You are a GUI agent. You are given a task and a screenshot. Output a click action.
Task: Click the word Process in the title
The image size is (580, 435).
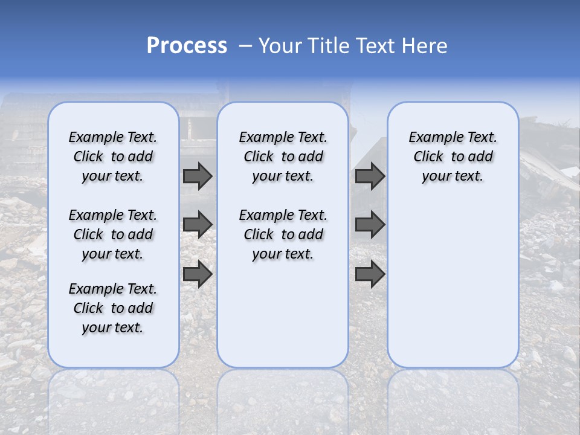click(187, 46)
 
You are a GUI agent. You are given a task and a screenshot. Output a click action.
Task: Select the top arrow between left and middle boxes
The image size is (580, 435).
click(198, 176)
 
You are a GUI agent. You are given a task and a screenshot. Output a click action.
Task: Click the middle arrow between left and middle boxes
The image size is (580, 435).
click(198, 225)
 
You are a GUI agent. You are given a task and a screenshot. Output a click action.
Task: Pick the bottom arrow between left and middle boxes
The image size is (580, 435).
click(198, 274)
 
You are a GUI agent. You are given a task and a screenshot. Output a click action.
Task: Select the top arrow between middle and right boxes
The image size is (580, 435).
click(370, 176)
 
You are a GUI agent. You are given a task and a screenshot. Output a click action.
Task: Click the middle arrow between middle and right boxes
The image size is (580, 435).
click(370, 225)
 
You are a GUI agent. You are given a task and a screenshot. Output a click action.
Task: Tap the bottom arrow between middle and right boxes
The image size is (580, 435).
click(370, 274)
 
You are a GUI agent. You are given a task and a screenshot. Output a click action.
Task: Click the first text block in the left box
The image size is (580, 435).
click(113, 156)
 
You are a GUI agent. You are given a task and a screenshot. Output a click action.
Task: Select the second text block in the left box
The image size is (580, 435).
click(113, 234)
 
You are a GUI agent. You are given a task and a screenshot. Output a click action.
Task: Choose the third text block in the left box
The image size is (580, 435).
click(113, 308)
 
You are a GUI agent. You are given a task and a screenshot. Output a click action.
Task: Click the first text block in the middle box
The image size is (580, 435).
click(283, 156)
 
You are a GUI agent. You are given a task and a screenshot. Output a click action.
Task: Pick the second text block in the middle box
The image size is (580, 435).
click(283, 234)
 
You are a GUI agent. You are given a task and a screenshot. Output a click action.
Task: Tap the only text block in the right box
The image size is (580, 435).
click(453, 156)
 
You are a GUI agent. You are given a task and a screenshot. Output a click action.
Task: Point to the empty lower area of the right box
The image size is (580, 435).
click(453, 284)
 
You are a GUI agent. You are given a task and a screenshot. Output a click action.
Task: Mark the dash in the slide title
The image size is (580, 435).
click(245, 46)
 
